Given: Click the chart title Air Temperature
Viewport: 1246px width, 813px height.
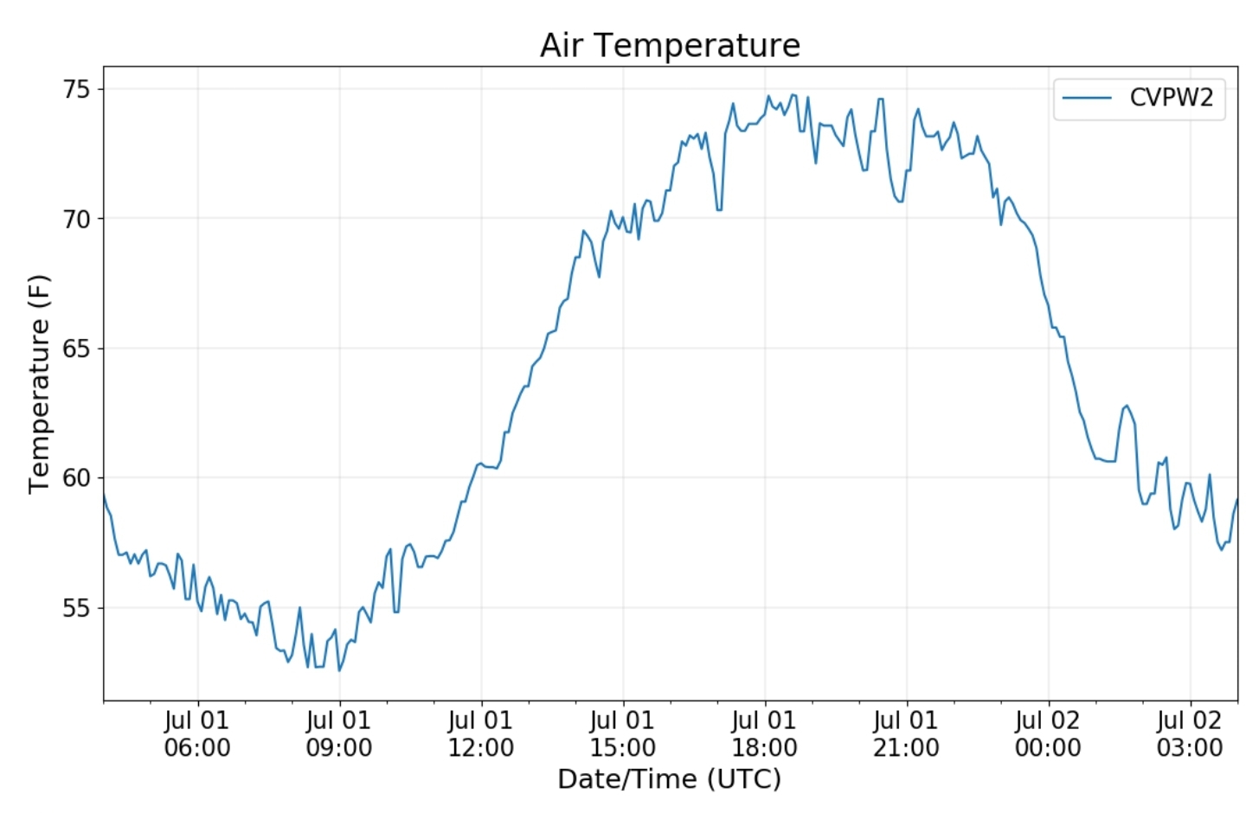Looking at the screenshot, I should click(670, 45).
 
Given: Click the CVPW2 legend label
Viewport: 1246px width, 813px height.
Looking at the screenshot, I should click(1171, 97).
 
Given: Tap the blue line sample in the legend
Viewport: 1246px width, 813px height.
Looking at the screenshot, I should click(1087, 98).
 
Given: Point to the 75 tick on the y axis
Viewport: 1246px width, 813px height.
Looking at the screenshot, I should click(76, 89).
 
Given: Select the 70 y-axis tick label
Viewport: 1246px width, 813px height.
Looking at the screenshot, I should click(76, 219).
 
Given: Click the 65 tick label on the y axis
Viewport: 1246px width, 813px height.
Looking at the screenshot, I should click(76, 349).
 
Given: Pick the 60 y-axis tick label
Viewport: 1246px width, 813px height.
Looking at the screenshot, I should click(76, 477).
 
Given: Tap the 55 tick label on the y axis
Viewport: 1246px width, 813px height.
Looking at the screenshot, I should click(76, 608).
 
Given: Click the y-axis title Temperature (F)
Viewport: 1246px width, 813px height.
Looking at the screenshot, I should click(39, 384).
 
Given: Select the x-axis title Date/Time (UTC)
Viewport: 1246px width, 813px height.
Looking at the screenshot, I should click(669, 779).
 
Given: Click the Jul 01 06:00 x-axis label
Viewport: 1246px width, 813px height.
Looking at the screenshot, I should click(197, 733).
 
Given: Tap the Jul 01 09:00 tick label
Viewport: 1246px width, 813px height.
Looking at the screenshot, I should click(339, 733).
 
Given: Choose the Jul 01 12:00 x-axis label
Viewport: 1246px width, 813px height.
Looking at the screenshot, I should click(481, 733).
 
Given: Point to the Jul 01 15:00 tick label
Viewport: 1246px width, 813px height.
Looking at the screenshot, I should click(623, 733).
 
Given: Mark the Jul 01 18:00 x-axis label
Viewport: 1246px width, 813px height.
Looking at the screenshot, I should click(764, 733).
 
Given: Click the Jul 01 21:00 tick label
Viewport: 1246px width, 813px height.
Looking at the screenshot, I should click(906, 733).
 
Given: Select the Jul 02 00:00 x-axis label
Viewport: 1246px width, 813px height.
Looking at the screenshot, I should click(1048, 733).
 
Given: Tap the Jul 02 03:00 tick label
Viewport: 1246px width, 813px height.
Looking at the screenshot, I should click(1190, 733).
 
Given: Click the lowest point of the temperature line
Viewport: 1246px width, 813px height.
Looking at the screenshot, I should click(339, 670).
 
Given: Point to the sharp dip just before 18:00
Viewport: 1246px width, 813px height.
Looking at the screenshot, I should click(719, 209).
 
